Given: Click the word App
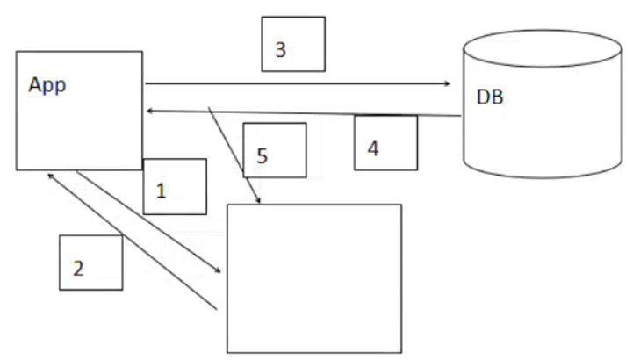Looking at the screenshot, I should click(47, 85).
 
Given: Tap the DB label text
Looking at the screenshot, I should click(489, 97).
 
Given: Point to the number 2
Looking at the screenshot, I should click(78, 269).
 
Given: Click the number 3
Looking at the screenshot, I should click(280, 50).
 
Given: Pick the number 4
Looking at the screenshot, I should click(372, 148).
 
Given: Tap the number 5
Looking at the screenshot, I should click(262, 156).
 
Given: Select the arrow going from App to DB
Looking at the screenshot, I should click(299, 84).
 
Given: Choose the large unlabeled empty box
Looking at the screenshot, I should click(314, 278).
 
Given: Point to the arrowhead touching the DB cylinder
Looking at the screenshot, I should click(446, 84).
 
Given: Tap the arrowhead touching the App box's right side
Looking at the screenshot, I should click(151, 110).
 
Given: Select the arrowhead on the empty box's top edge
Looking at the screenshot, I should click(258, 201).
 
